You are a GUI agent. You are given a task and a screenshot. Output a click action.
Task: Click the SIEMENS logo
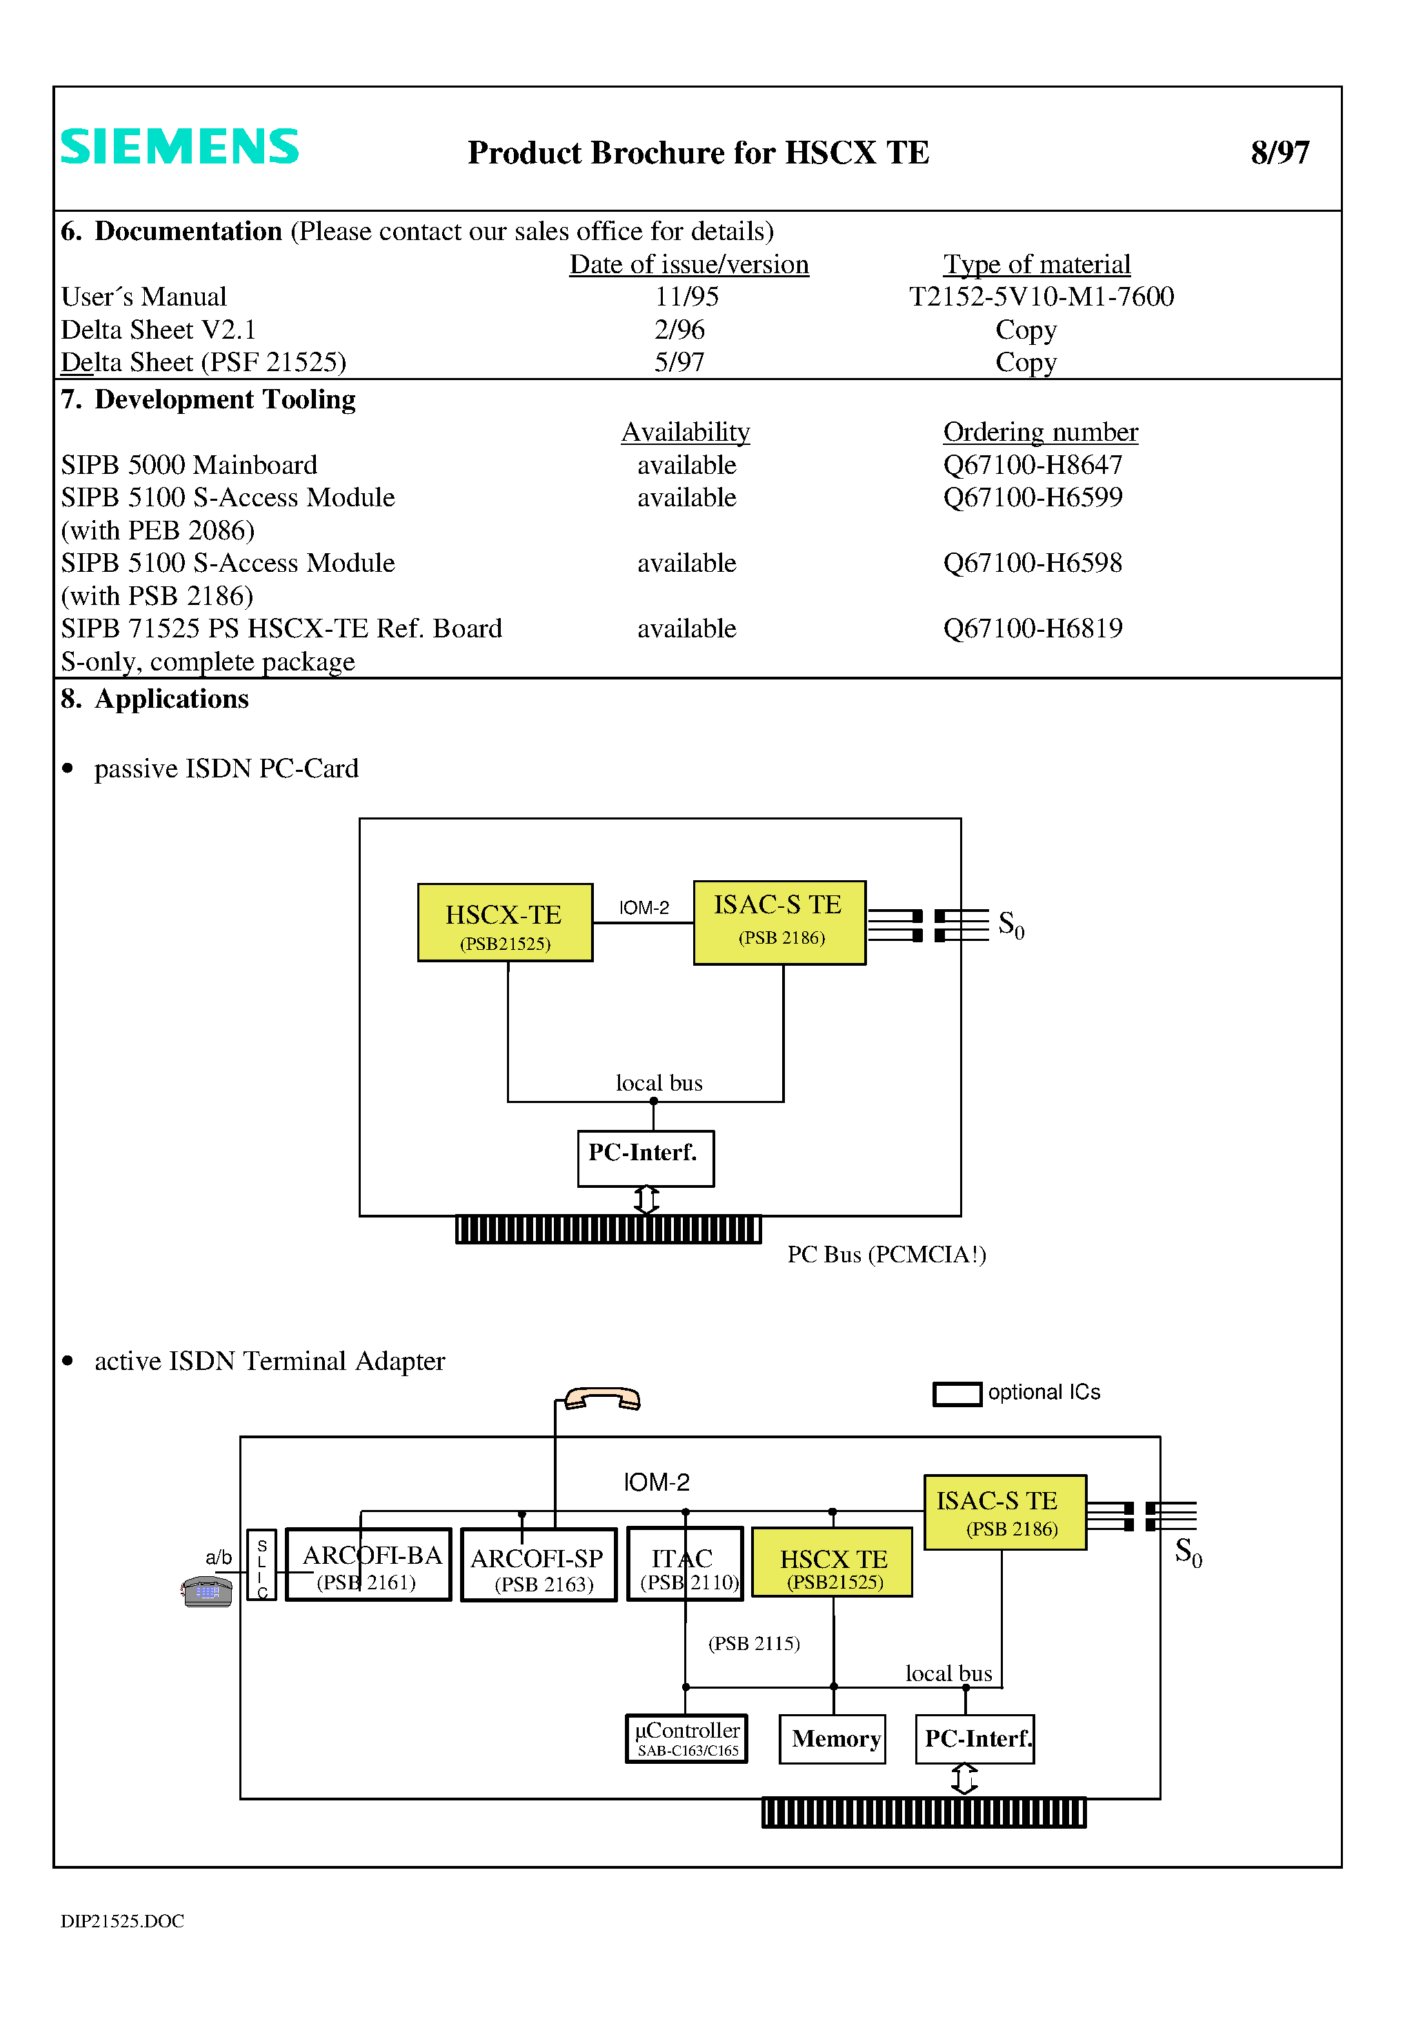coord(179,147)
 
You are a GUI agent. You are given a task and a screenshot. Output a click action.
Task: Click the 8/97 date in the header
coord(1279,153)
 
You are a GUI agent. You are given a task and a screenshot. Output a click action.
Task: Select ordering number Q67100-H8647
coord(1033,465)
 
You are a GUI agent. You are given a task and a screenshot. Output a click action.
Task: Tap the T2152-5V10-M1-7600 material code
coord(1041,297)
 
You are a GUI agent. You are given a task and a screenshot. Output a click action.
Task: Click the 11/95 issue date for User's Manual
coord(686,297)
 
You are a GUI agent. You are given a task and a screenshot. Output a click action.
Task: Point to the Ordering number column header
coord(1040,433)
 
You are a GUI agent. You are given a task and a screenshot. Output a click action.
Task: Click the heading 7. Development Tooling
coord(208,399)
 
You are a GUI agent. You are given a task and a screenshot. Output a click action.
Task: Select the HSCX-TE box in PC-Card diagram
coord(504,922)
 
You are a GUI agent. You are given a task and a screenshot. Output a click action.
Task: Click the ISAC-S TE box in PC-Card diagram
coord(779,922)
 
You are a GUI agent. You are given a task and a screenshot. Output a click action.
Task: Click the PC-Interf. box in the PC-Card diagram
coord(645,1157)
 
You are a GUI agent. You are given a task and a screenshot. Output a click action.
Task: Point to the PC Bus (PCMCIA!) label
coord(886,1255)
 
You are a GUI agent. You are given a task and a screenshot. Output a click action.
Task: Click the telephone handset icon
coord(604,1398)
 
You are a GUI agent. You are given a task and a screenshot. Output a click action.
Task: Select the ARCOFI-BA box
coord(368,1564)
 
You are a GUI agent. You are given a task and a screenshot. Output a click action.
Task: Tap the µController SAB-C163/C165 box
coord(686,1738)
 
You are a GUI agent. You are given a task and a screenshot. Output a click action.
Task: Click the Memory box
coord(832,1738)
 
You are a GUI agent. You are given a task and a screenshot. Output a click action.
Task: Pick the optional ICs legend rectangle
coord(957,1394)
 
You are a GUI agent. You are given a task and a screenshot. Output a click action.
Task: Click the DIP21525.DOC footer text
coord(122,1921)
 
